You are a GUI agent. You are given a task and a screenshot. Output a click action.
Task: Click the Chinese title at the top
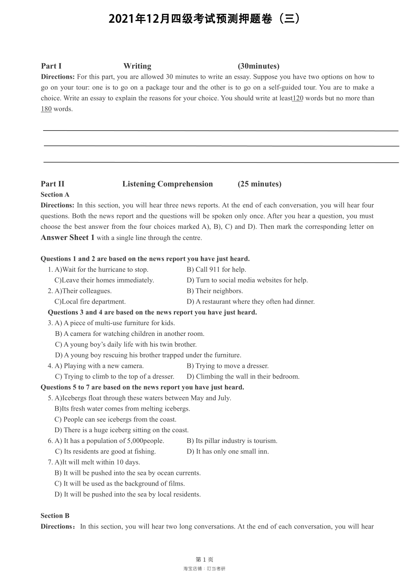click(204, 19)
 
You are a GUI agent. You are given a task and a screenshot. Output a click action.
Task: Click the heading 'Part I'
click(51, 66)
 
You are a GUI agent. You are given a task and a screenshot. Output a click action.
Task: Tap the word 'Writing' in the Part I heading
click(137, 66)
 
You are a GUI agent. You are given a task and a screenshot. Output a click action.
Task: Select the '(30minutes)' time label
click(258, 66)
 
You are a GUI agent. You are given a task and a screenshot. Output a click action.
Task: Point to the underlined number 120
click(298, 98)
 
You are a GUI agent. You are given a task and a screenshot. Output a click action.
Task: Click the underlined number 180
click(46, 109)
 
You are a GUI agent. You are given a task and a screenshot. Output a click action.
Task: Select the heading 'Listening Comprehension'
click(167, 184)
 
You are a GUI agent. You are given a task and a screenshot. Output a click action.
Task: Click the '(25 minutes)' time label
click(259, 184)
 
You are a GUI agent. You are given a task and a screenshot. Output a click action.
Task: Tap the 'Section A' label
click(55, 194)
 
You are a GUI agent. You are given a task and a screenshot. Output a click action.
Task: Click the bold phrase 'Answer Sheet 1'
click(68, 237)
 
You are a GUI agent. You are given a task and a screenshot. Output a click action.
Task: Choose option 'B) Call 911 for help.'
click(216, 269)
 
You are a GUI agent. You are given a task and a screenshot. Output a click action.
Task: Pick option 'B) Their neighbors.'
click(214, 291)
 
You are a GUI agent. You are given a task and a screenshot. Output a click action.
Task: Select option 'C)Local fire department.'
click(90, 301)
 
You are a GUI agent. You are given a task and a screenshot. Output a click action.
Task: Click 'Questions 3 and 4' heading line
click(152, 312)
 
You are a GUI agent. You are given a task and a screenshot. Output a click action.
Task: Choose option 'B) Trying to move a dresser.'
click(227, 366)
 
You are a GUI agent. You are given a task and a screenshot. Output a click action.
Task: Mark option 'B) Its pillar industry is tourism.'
click(232, 441)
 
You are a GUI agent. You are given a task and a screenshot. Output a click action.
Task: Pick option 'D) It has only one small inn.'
click(227, 451)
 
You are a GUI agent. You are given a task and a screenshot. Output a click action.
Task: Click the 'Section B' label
click(55, 516)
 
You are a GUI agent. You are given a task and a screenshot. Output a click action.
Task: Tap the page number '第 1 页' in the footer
click(204, 560)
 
